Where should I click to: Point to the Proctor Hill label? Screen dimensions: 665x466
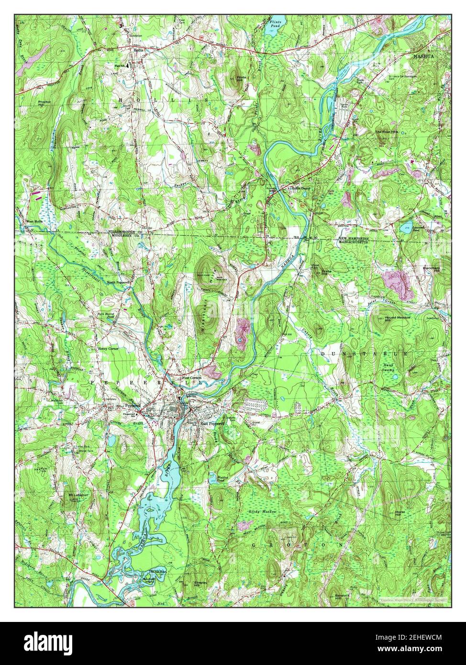click(44, 103)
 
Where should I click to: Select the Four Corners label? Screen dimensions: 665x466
click(192, 378)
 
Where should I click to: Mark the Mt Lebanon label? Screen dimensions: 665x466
click(77, 494)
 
